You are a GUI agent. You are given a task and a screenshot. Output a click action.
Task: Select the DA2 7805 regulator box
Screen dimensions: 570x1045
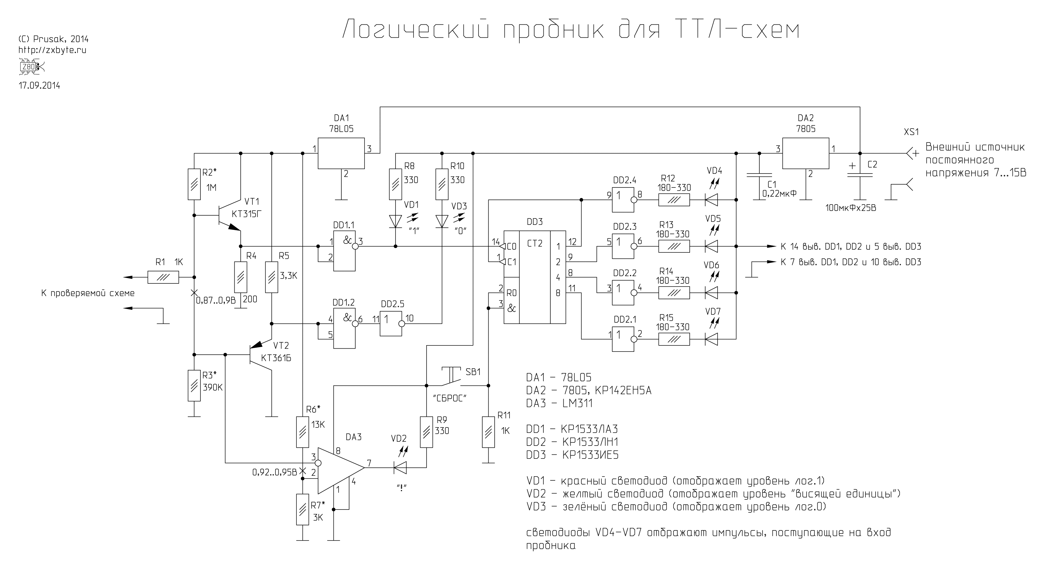tap(805, 153)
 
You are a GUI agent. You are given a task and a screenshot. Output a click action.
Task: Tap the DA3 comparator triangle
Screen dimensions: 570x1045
tap(339, 471)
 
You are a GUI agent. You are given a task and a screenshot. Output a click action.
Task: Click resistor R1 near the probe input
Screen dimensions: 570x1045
tap(163, 277)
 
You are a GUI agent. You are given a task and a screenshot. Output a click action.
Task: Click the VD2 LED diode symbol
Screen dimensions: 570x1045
tap(400, 468)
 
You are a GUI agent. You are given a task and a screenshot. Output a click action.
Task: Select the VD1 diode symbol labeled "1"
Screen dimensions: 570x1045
tap(396, 221)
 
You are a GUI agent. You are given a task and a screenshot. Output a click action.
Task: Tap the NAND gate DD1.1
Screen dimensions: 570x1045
tap(345, 251)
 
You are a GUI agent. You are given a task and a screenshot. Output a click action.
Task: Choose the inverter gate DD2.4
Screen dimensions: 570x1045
tap(623, 199)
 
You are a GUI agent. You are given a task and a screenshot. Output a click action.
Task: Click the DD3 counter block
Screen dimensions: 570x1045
tap(534, 277)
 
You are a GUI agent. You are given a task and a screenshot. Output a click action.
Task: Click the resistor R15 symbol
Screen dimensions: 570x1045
tap(674, 339)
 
